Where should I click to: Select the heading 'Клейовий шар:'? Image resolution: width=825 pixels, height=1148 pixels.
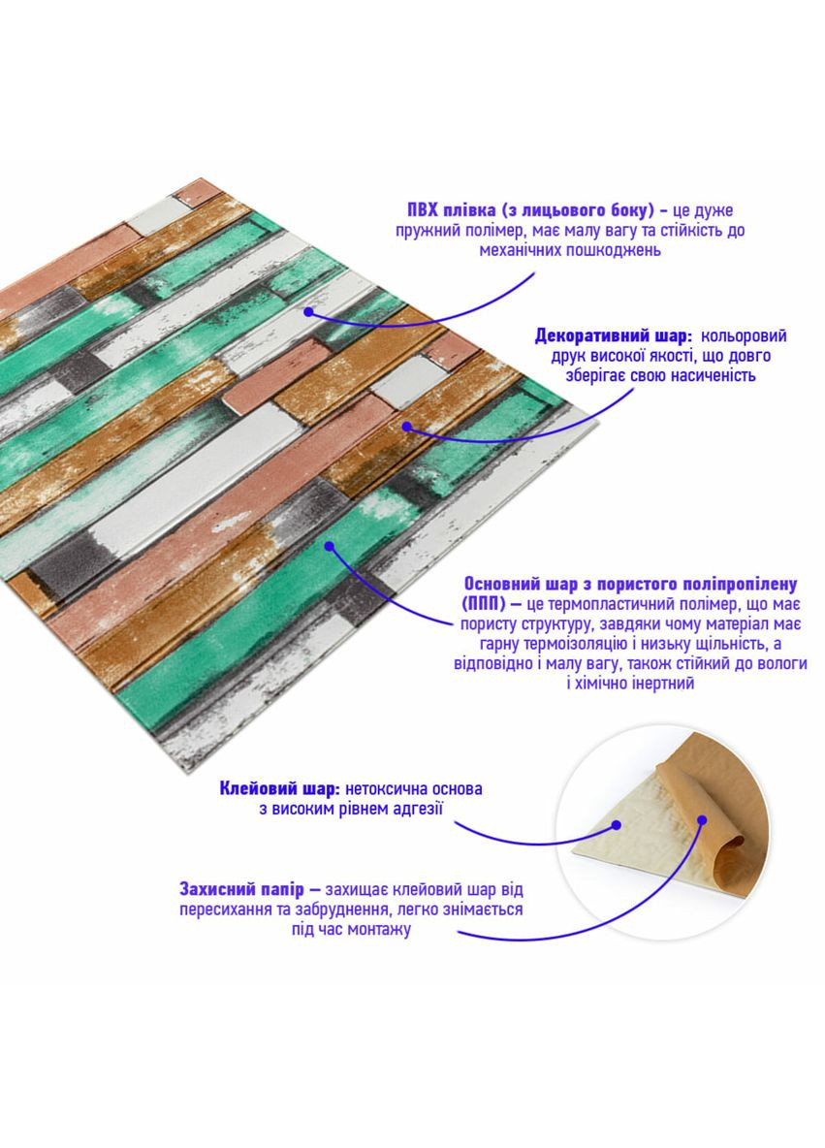coord(279,788)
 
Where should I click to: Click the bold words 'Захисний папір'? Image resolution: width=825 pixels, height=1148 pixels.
coord(241,889)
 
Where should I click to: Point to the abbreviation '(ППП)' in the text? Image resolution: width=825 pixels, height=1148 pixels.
coord(483,605)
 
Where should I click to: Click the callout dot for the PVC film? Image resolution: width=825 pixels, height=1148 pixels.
coord(309,312)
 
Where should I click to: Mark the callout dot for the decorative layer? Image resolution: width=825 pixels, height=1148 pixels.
coord(405,425)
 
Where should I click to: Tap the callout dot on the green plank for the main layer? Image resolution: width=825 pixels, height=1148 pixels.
coord(330,546)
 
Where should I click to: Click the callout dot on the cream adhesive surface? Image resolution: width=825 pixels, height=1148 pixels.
coord(617,825)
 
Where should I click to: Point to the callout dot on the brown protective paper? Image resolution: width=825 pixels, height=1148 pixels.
coord(701,820)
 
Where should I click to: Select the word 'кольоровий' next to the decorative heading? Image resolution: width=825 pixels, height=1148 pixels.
coord(744,336)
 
